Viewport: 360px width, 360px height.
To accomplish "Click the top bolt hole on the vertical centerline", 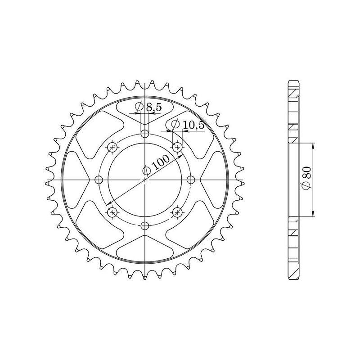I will click(x=145, y=134).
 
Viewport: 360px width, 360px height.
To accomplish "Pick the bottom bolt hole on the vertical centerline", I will click(x=145, y=226).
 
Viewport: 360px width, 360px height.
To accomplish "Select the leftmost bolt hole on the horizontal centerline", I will click(x=99, y=180).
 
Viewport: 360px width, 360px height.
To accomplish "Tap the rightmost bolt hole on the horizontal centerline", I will click(x=191, y=180).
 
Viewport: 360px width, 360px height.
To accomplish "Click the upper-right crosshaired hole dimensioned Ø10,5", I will click(x=177, y=147).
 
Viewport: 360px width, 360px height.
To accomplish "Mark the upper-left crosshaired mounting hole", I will click(x=112, y=147).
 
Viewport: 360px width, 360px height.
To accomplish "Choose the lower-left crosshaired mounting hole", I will click(x=112, y=212).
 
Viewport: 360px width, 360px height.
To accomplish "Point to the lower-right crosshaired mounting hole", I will click(x=177, y=212).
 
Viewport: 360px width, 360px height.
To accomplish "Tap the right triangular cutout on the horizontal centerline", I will click(x=215, y=180).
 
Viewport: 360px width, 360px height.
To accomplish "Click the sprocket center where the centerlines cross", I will click(x=145, y=180).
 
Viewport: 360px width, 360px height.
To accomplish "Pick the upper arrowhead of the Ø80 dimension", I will click(x=313, y=145).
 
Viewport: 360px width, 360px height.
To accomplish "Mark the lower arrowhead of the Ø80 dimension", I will click(x=313, y=215).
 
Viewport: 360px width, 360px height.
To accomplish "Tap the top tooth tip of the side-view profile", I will click(x=293, y=82).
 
